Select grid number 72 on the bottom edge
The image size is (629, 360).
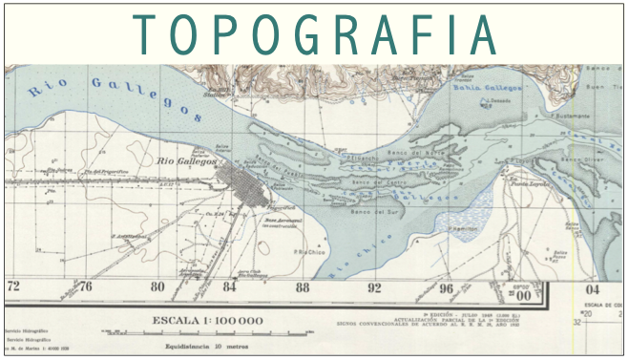pyautogui.click(x=13, y=286)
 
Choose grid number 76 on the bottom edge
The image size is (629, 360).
pyautogui.click(x=86, y=286)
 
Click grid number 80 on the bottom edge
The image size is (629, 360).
pyautogui.click(x=158, y=286)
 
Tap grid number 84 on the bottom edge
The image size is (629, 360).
pyautogui.click(x=230, y=286)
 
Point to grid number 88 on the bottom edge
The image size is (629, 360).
pyautogui.click(x=303, y=286)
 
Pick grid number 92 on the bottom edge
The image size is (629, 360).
pyautogui.click(x=375, y=286)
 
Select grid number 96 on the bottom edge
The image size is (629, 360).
pyautogui.click(x=448, y=286)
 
